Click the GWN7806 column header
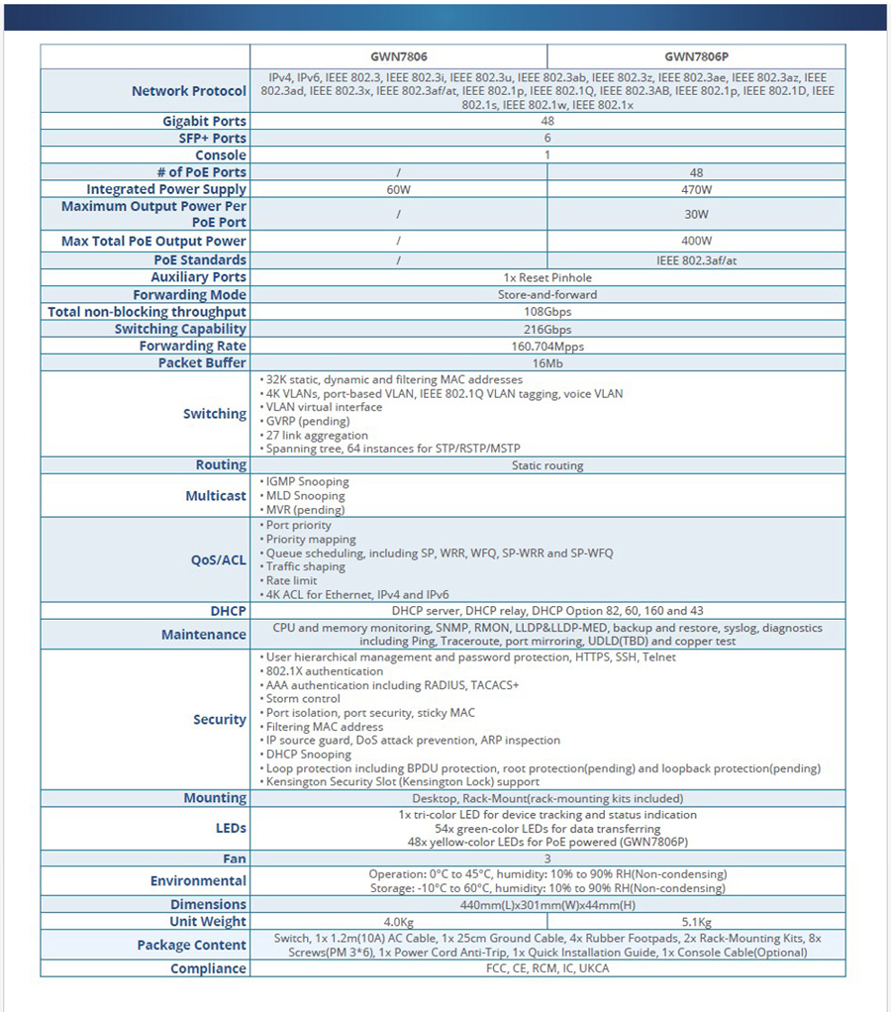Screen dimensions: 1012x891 pos(398,57)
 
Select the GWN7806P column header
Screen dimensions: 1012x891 pos(696,57)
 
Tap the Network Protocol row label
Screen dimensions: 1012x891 pos(188,91)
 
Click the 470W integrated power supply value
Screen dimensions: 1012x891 pos(696,189)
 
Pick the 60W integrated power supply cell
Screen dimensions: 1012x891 pos(398,189)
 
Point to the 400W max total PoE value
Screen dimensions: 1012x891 pos(696,241)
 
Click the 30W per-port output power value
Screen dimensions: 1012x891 pos(696,213)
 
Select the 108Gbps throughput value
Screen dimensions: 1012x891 pos(547,312)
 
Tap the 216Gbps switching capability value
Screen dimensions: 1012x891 pos(547,329)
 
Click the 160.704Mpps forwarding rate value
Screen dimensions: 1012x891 pos(547,346)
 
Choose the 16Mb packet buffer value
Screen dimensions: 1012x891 pos(547,362)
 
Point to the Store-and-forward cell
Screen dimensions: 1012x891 pos(547,295)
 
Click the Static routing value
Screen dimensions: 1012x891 pos(547,465)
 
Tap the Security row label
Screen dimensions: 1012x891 pos(219,720)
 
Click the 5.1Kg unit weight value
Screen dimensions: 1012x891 pos(696,922)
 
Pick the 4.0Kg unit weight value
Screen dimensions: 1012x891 pos(398,922)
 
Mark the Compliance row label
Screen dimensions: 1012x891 pos(208,968)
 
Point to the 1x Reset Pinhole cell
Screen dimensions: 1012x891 pos(547,277)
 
